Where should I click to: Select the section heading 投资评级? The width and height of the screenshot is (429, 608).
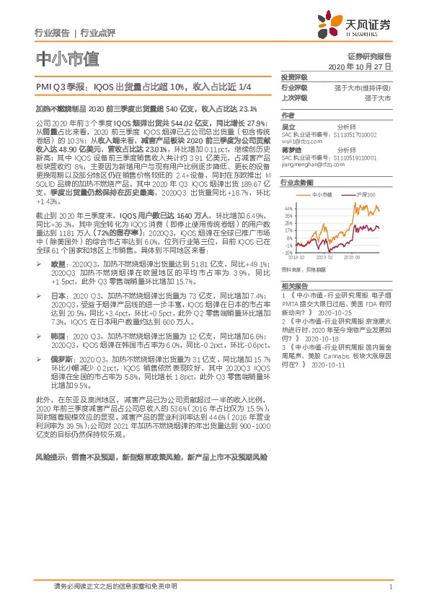coord(293,77)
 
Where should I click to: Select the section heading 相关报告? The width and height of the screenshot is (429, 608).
coord(293,286)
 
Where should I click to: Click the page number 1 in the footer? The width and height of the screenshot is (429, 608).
coord(389,586)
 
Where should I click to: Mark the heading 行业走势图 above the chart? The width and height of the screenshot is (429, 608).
coord(296,183)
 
